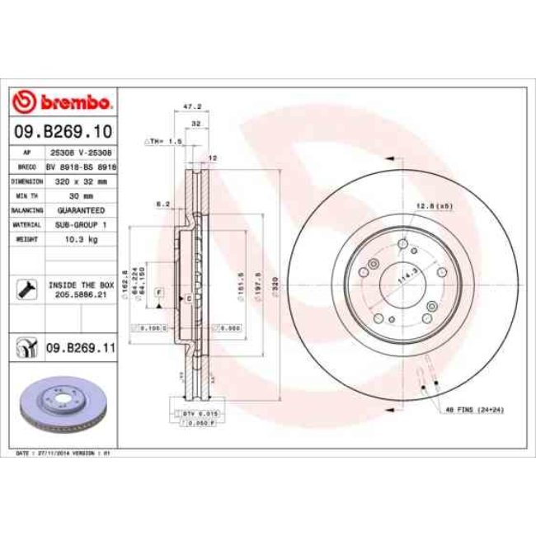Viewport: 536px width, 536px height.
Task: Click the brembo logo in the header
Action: (63, 103)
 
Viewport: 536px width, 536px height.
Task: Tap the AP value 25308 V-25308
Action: (79, 153)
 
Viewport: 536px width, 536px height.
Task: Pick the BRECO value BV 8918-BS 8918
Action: (79, 166)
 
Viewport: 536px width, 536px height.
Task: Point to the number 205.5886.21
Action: (79, 294)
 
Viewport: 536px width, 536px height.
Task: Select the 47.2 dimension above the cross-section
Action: (191, 107)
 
